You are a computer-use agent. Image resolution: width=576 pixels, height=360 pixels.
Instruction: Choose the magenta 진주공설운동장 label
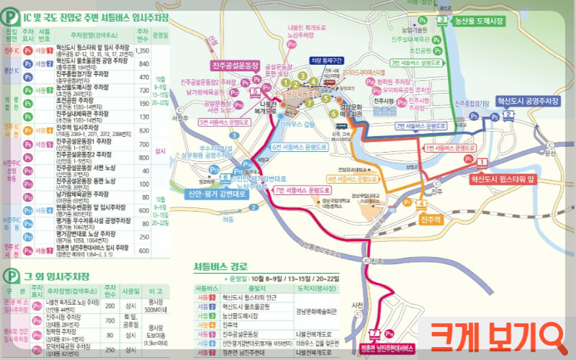coord(235,66)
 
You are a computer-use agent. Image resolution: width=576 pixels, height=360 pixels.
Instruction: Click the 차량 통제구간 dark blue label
coord(326,60)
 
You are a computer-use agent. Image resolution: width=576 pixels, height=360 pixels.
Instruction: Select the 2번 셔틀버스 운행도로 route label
coord(416,126)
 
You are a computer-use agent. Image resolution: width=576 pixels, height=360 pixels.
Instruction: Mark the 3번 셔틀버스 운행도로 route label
coord(415,63)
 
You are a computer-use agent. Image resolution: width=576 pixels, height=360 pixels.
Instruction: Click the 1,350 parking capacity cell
coord(143,51)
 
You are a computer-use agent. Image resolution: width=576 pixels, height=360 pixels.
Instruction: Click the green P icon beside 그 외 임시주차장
coord(11,274)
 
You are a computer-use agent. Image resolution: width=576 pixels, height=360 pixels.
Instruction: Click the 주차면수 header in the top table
coord(143,34)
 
